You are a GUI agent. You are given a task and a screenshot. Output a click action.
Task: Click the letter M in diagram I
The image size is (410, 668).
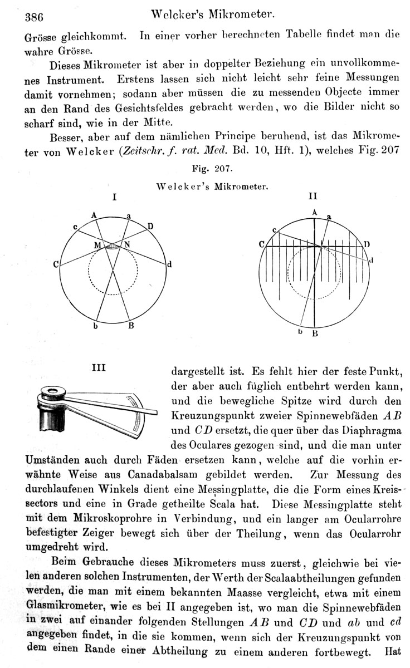[x=97, y=245]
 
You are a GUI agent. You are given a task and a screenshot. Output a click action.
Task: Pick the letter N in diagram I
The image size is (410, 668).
[x=127, y=245]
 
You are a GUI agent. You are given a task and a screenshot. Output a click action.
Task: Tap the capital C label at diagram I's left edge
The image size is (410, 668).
[x=56, y=265]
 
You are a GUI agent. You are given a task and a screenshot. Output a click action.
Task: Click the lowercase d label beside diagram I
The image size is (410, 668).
[x=170, y=265]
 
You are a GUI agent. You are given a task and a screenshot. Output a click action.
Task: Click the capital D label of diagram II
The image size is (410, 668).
[x=367, y=244]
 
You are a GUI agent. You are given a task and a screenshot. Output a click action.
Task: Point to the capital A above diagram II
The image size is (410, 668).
[x=314, y=212]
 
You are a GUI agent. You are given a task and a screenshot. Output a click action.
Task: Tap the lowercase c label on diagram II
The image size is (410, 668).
[x=274, y=230]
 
